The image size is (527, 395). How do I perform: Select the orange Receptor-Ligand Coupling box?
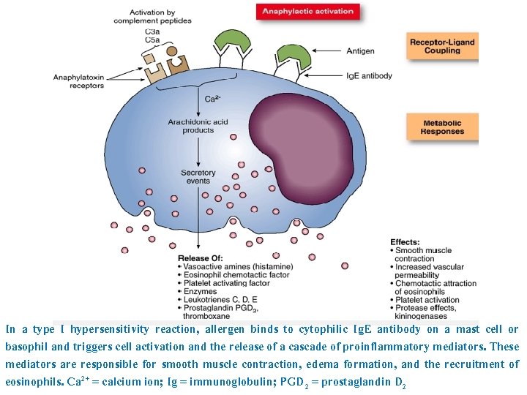click(442, 47)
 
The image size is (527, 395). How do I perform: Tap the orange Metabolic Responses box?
click(442, 127)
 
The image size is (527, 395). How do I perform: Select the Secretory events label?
click(198, 178)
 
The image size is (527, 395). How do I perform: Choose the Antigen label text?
click(361, 51)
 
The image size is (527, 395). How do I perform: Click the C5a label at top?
click(152, 40)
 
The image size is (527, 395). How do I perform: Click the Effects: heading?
click(405, 242)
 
